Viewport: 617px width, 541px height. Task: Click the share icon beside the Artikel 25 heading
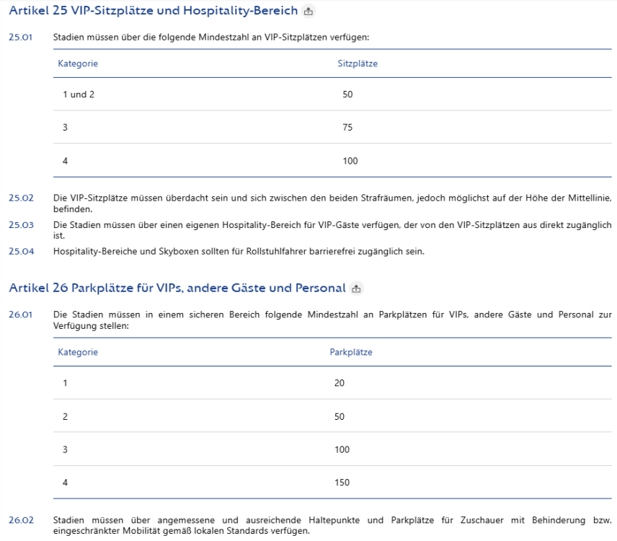click(x=308, y=12)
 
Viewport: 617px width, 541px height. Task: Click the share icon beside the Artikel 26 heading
click(x=356, y=289)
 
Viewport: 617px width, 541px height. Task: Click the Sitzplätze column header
click(x=358, y=63)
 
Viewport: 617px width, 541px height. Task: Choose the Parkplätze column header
click(x=350, y=353)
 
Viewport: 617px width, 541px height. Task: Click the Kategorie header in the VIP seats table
click(x=78, y=63)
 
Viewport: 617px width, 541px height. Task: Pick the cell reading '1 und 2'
click(x=79, y=94)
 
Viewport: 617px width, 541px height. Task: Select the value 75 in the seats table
click(x=348, y=127)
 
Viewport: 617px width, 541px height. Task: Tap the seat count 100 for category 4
click(x=350, y=161)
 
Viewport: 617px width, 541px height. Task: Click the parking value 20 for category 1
click(x=339, y=383)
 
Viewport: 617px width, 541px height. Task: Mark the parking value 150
click(x=342, y=483)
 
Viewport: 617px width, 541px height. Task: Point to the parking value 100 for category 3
click(x=342, y=449)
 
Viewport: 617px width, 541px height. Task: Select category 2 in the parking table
click(x=65, y=416)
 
